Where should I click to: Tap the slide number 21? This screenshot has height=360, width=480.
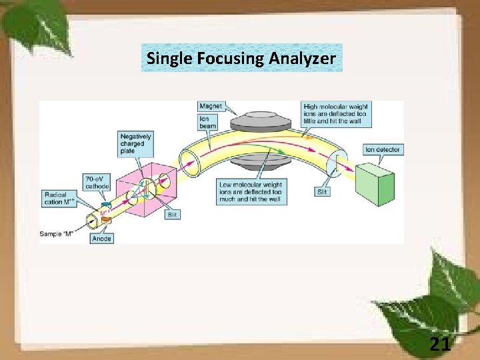click(440, 345)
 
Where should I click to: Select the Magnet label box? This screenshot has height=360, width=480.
click(210, 107)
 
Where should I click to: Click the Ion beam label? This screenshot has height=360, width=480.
click(207, 123)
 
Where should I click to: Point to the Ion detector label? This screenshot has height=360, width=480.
click(383, 149)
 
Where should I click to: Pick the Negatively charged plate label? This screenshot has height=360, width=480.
click(135, 143)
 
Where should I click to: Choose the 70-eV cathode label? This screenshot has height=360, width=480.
click(97, 182)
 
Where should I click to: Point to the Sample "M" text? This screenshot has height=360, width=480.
click(58, 234)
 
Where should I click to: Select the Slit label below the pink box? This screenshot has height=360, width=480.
click(172, 215)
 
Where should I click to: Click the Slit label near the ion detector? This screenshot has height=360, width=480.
click(321, 191)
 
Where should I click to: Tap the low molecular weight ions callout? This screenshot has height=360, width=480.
click(250, 191)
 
